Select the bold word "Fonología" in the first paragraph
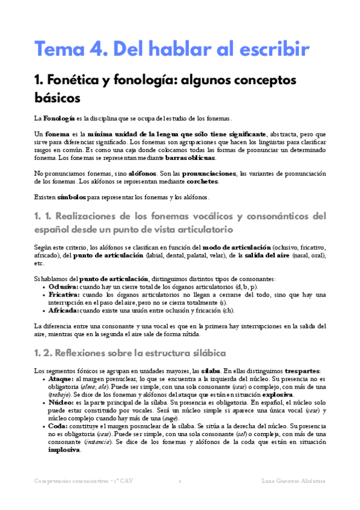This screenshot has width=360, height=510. [x=59, y=118]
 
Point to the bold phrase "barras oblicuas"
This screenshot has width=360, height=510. [x=189, y=158]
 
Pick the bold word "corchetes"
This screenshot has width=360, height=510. [x=203, y=181]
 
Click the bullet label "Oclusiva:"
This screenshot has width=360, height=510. [x=64, y=287]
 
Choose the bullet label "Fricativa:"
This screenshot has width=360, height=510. [x=64, y=295]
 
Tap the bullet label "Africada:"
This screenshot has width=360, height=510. [x=63, y=310]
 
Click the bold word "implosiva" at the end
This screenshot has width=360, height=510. [x=64, y=450]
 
